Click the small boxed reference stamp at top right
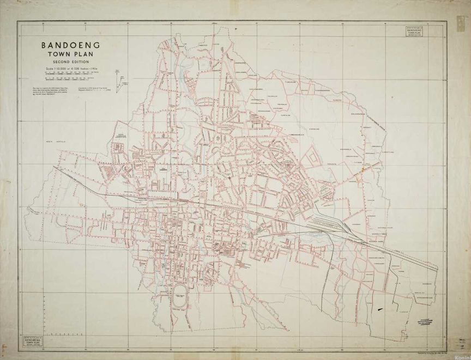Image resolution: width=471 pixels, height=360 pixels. [413, 32]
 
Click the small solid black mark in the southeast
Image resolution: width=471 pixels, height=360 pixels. [380, 309]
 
